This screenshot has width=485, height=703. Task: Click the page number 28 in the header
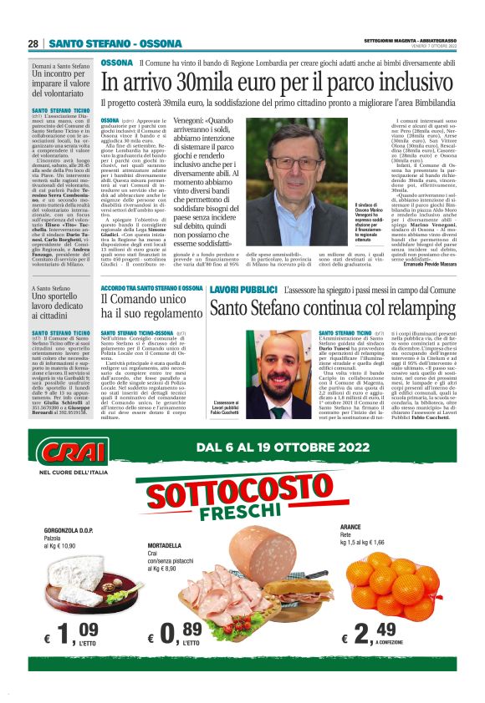33,44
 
